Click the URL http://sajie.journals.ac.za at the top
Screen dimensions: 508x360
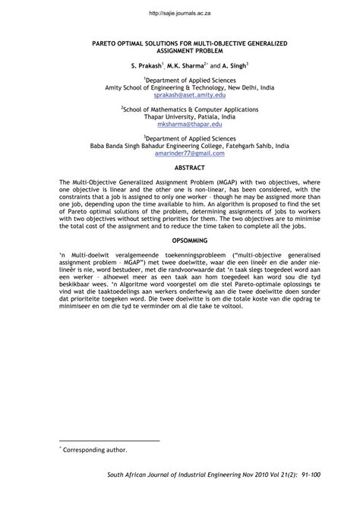(x=179, y=13)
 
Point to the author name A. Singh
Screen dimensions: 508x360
(x=232, y=67)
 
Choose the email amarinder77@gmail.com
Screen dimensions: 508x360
(x=179, y=154)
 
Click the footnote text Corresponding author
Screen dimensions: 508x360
(x=90, y=451)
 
